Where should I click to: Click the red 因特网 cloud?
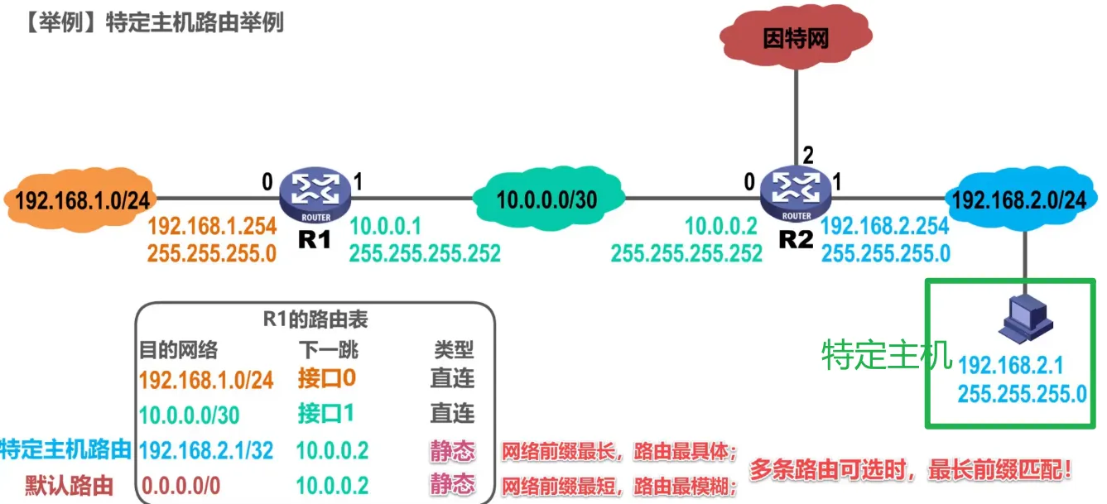click(795, 38)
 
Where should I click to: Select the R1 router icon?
click(315, 195)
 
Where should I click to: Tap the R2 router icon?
click(796, 195)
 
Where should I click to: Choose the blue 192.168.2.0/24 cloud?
click(1018, 199)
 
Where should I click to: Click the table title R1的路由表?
click(315, 319)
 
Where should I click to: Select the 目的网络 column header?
click(178, 350)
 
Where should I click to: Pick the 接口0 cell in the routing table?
click(326, 379)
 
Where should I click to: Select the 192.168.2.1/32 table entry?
click(206, 450)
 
